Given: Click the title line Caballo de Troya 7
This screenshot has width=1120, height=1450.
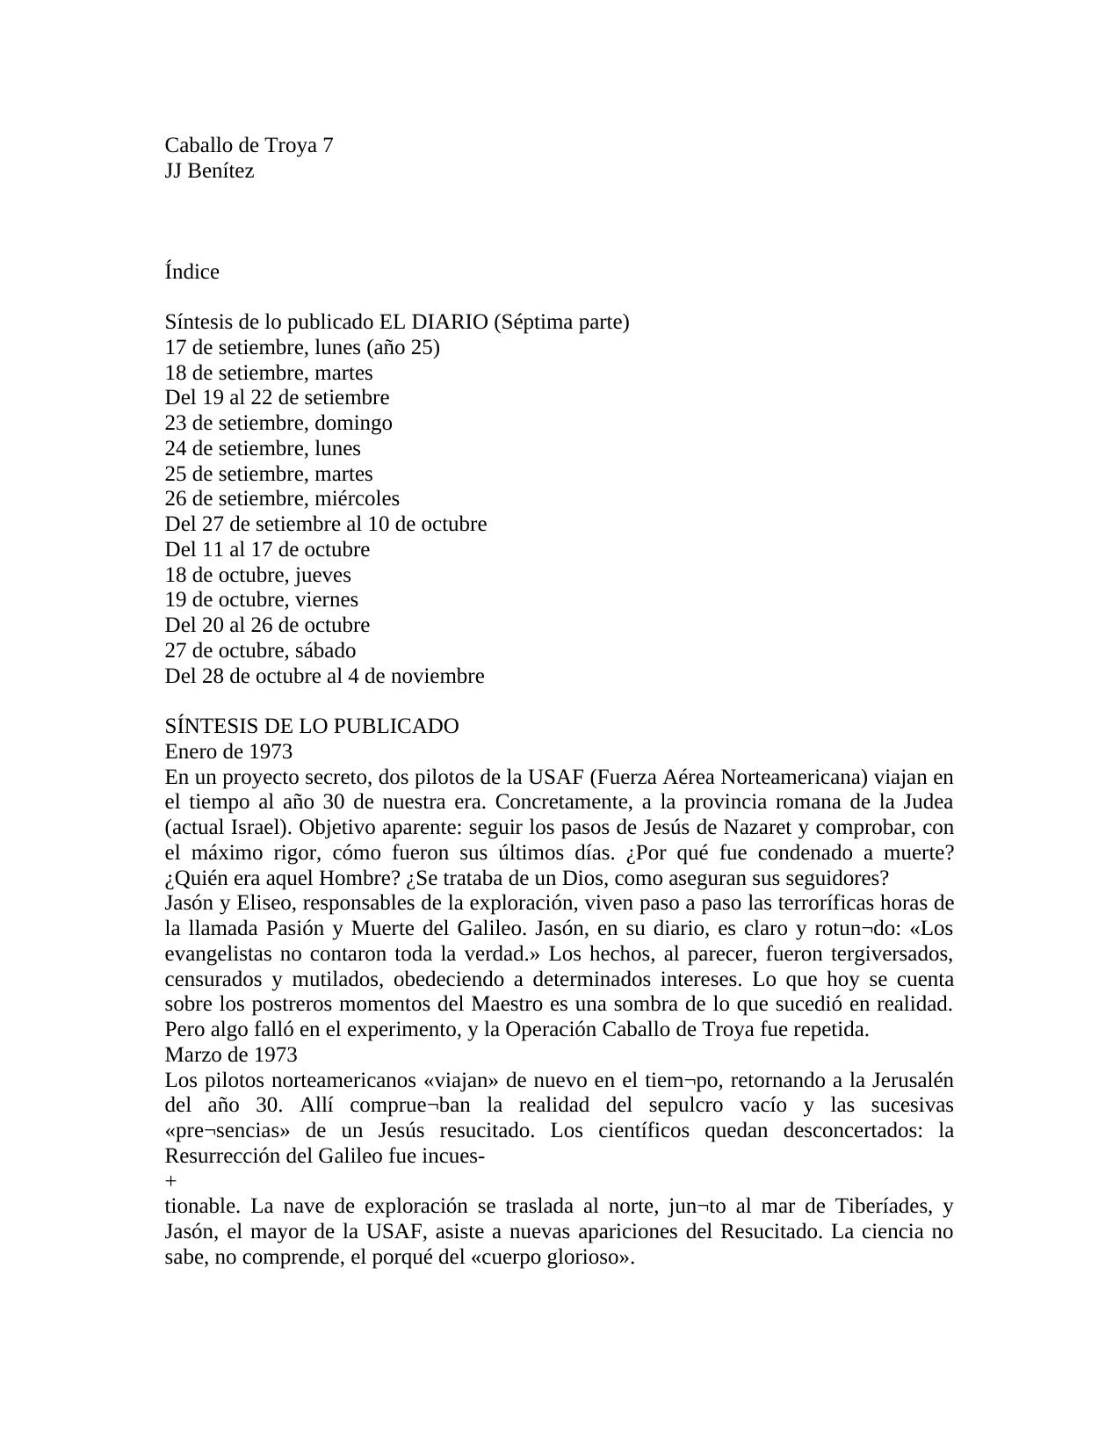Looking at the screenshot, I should (x=249, y=145).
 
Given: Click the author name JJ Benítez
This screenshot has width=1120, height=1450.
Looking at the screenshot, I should (x=209, y=170).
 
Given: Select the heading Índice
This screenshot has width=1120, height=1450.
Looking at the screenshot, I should (x=191, y=272).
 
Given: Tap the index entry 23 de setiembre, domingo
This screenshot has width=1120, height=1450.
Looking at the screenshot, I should (x=278, y=423).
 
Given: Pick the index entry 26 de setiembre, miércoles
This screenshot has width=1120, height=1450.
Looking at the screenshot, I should (x=282, y=498).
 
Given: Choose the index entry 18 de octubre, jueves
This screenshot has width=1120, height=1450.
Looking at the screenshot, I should (x=257, y=575).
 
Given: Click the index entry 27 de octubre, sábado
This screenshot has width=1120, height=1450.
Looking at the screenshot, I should (x=260, y=650).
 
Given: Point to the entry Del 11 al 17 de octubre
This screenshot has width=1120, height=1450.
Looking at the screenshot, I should (x=267, y=549).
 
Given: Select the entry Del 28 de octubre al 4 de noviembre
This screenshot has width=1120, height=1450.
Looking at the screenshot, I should (x=324, y=676).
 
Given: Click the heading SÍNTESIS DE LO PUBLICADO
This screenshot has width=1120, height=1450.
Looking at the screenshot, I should (x=312, y=726).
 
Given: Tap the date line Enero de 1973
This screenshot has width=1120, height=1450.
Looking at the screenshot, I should (x=228, y=751).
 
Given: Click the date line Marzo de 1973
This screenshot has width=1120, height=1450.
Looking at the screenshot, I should (x=231, y=1055).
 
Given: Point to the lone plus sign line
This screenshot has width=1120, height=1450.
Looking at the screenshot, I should (x=170, y=1182).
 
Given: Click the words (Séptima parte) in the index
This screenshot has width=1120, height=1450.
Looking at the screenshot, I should (x=561, y=322).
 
